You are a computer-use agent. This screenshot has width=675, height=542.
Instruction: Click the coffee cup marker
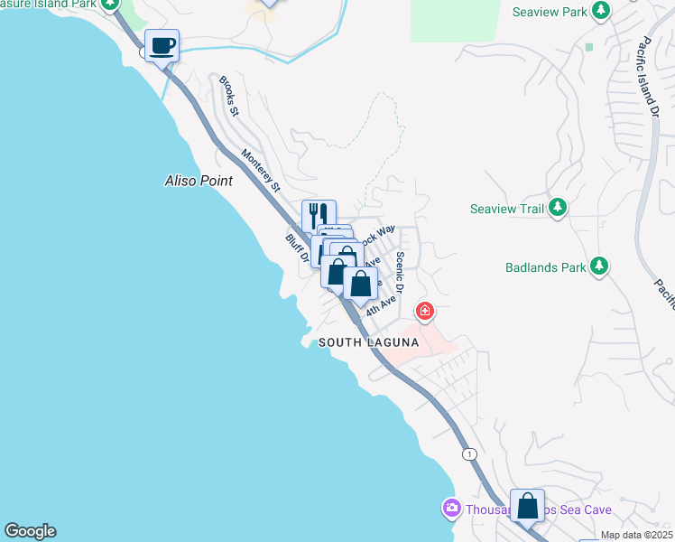[162, 45]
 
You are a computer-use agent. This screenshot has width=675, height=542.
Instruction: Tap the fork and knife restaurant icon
[319, 215]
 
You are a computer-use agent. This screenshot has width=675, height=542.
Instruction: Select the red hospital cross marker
[424, 313]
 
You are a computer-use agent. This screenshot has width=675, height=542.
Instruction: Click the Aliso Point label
[199, 181]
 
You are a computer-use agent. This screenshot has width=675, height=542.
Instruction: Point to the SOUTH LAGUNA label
[369, 342]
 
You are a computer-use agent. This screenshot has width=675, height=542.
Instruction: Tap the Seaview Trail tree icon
[558, 209]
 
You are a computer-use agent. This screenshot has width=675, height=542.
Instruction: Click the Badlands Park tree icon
[597, 266]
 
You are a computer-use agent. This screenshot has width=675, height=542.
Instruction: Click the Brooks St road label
[229, 96]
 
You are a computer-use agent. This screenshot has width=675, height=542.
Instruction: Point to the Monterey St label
[259, 171]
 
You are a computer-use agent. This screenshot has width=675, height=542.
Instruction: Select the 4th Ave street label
[382, 304]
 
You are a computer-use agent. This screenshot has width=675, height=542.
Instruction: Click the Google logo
[30, 531]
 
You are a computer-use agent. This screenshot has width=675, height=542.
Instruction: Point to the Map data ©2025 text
[636, 535]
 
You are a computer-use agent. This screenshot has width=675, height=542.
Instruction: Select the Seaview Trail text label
[507, 209]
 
